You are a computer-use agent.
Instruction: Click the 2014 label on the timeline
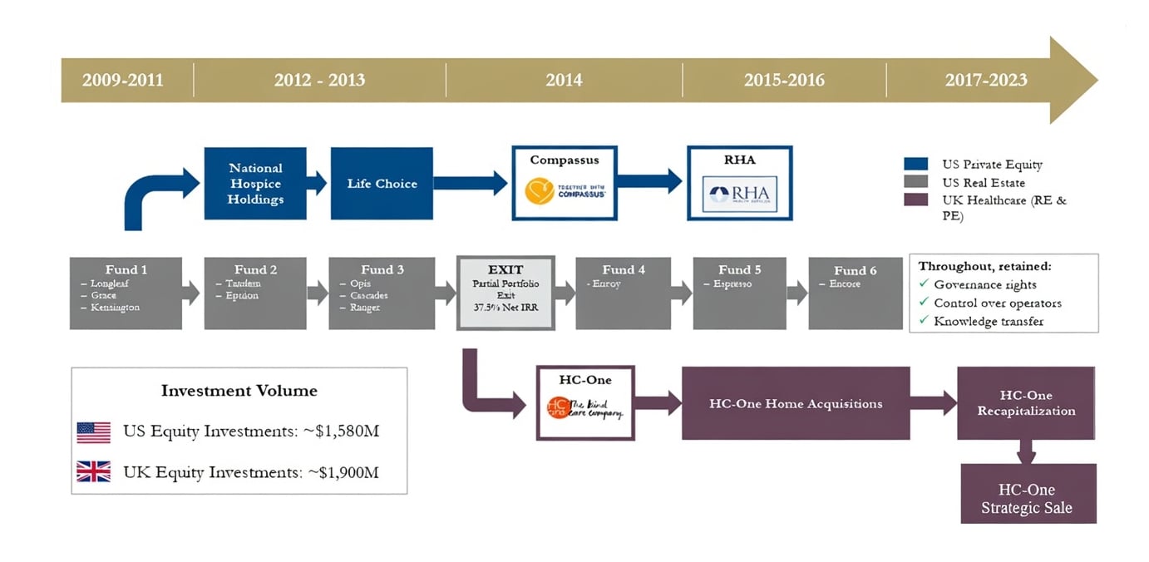564,81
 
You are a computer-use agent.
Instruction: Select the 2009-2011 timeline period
123,81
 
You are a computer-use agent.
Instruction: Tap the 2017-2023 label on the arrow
986,81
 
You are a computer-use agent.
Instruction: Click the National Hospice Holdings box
255,184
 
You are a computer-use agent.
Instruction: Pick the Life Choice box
382,184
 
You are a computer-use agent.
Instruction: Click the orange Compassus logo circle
541,192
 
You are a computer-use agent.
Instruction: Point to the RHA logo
739,195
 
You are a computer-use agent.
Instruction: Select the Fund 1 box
126,293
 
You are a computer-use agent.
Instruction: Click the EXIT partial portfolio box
505,293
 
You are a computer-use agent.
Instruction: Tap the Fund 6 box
855,293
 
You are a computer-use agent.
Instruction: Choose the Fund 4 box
623,293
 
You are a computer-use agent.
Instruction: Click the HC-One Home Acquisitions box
796,403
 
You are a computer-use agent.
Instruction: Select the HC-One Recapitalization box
1026,403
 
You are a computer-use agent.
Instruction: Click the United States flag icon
94,432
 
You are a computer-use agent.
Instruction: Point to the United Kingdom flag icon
94,472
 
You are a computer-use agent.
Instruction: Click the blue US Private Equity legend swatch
915,164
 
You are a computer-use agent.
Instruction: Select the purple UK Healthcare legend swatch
915,200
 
